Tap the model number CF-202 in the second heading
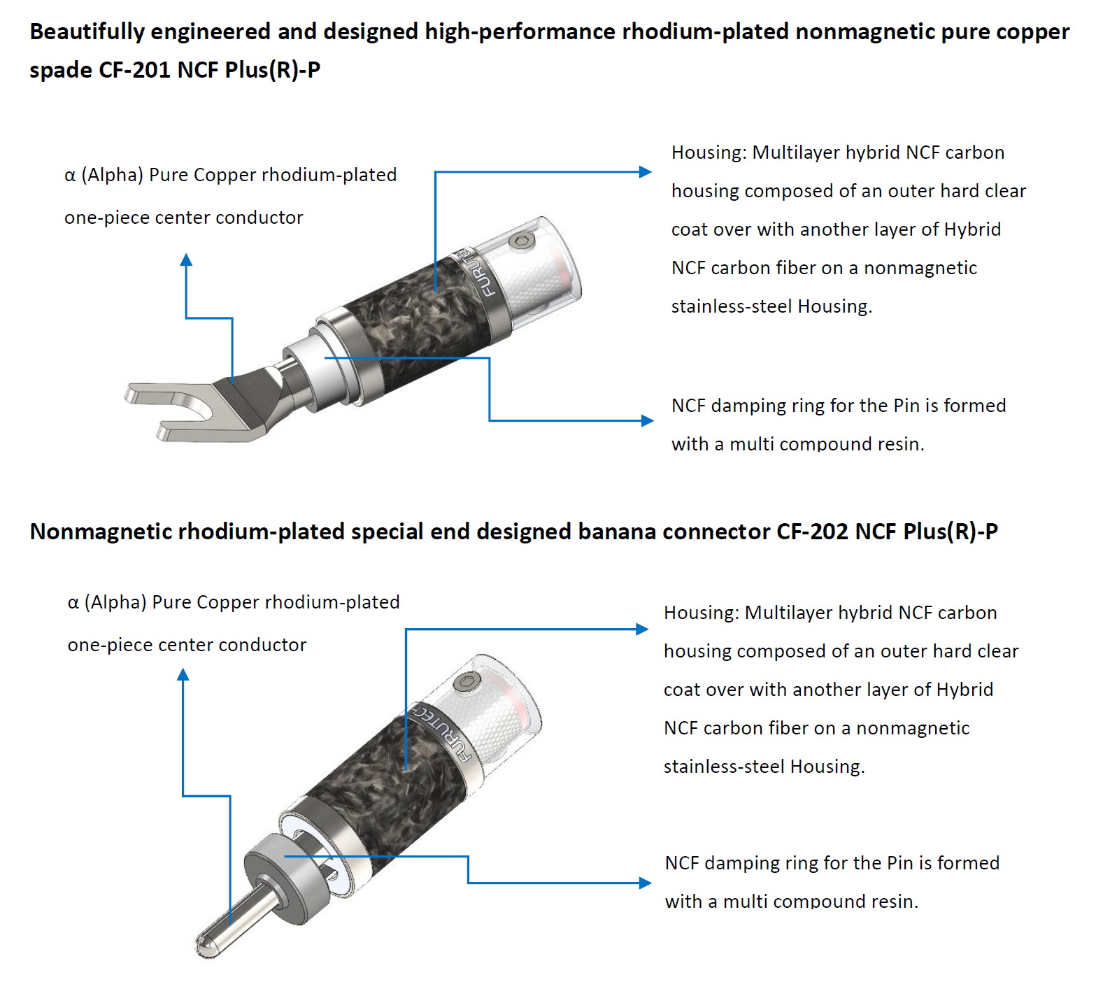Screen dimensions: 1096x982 pyautogui.click(x=812, y=532)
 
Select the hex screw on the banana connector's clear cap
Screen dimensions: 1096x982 pyautogui.click(x=464, y=682)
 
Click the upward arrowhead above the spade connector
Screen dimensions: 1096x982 pyautogui.click(x=186, y=259)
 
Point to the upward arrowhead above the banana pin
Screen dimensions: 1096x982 pyautogui.click(x=183, y=674)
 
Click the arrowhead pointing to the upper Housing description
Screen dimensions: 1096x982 pyautogui.click(x=646, y=172)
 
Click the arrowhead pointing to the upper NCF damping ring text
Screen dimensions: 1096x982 pyautogui.click(x=648, y=420)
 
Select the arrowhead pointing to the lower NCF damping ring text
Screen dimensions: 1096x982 pyautogui.click(x=646, y=883)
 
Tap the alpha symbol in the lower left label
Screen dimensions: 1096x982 pyautogui.click(x=73, y=603)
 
